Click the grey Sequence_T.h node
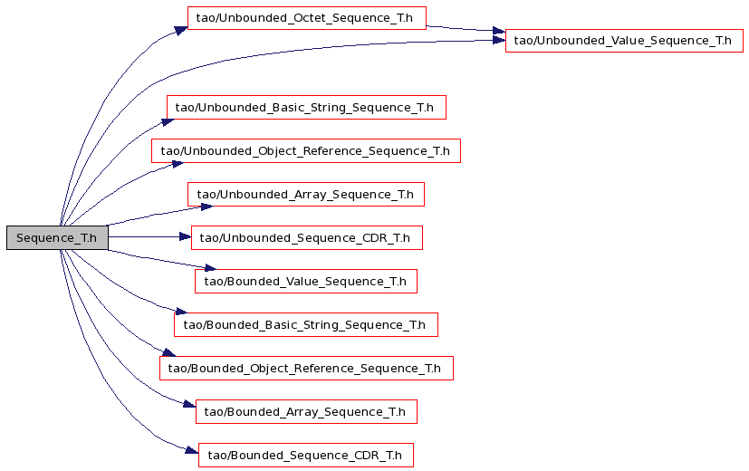pyautogui.click(x=57, y=238)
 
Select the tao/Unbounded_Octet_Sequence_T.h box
pyautogui.click(x=307, y=18)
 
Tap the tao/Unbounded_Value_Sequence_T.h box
pyautogui.click(x=624, y=41)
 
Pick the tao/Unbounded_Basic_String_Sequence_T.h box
pyautogui.click(x=306, y=108)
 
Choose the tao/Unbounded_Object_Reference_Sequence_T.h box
pyautogui.click(x=306, y=151)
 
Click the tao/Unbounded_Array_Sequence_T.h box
pyautogui.click(x=306, y=195)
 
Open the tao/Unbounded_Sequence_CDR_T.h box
pyautogui.click(x=307, y=238)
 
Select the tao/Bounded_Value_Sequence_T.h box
pyautogui.click(x=306, y=282)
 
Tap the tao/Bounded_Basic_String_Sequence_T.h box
pyautogui.click(x=306, y=325)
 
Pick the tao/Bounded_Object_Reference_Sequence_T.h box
pyautogui.click(x=306, y=369)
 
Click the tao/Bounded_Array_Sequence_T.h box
pyautogui.click(x=306, y=412)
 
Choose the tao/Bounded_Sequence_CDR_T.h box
pyautogui.click(x=306, y=456)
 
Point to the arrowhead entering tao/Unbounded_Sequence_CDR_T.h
pyautogui.click(x=186, y=236)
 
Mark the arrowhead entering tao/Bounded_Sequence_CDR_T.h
pyautogui.click(x=192, y=450)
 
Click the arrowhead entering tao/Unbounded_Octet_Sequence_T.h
pyautogui.click(x=181, y=31)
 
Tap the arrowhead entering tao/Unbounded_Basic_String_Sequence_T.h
pyautogui.click(x=168, y=121)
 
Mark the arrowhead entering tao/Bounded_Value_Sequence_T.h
pyautogui.click(x=211, y=268)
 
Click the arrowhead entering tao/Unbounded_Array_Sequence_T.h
pyautogui.click(x=206, y=207)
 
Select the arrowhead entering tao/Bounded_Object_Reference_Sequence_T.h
pyautogui.click(x=169, y=352)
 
